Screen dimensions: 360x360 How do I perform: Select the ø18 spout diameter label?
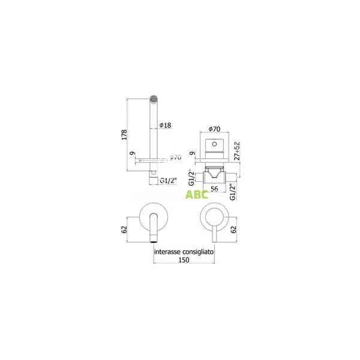tap(166, 125)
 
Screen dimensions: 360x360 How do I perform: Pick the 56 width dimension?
tap(212, 188)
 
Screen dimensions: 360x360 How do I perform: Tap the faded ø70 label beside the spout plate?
tap(175, 158)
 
